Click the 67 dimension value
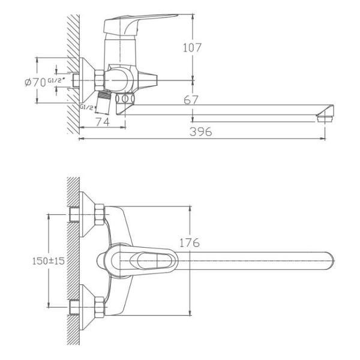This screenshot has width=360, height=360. pyautogui.click(x=191, y=100)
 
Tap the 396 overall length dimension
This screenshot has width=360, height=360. pyautogui.click(x=201, y=133)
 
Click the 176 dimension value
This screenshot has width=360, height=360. pyautogui.click(x=190, y=243)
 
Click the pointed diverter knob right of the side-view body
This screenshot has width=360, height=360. pyautogui.click(x=149, y=79)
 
